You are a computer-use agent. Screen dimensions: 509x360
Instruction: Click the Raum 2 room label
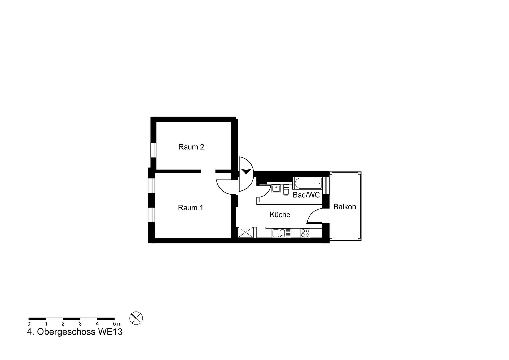(191, 147)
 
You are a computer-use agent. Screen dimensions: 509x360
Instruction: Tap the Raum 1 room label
(191, 208)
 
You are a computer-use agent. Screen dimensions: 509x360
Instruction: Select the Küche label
(280, 214)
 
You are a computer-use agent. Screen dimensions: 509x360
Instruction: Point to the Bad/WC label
(306, 195)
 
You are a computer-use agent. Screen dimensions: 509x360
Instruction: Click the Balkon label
(345, 207)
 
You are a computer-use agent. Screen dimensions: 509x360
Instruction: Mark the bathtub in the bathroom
(308, 183)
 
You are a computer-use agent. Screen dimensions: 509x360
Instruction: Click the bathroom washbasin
(276, 188)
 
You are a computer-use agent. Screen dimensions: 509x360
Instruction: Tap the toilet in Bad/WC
(286, 190)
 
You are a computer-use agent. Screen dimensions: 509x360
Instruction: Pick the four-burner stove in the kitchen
(305, 233)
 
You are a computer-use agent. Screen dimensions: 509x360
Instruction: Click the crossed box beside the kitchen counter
(246, 232)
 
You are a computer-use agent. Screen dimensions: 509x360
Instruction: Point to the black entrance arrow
(246, 171)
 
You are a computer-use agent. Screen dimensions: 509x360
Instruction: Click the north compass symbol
(136, 318)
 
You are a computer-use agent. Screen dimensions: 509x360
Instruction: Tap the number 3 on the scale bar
(80, 324)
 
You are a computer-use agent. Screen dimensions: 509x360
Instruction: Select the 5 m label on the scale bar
(117, 324)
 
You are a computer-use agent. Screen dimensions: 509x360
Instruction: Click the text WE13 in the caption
(110, 332)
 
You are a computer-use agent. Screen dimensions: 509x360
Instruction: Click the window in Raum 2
(153, 150)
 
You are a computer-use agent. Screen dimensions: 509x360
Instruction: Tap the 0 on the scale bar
(29, 324)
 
